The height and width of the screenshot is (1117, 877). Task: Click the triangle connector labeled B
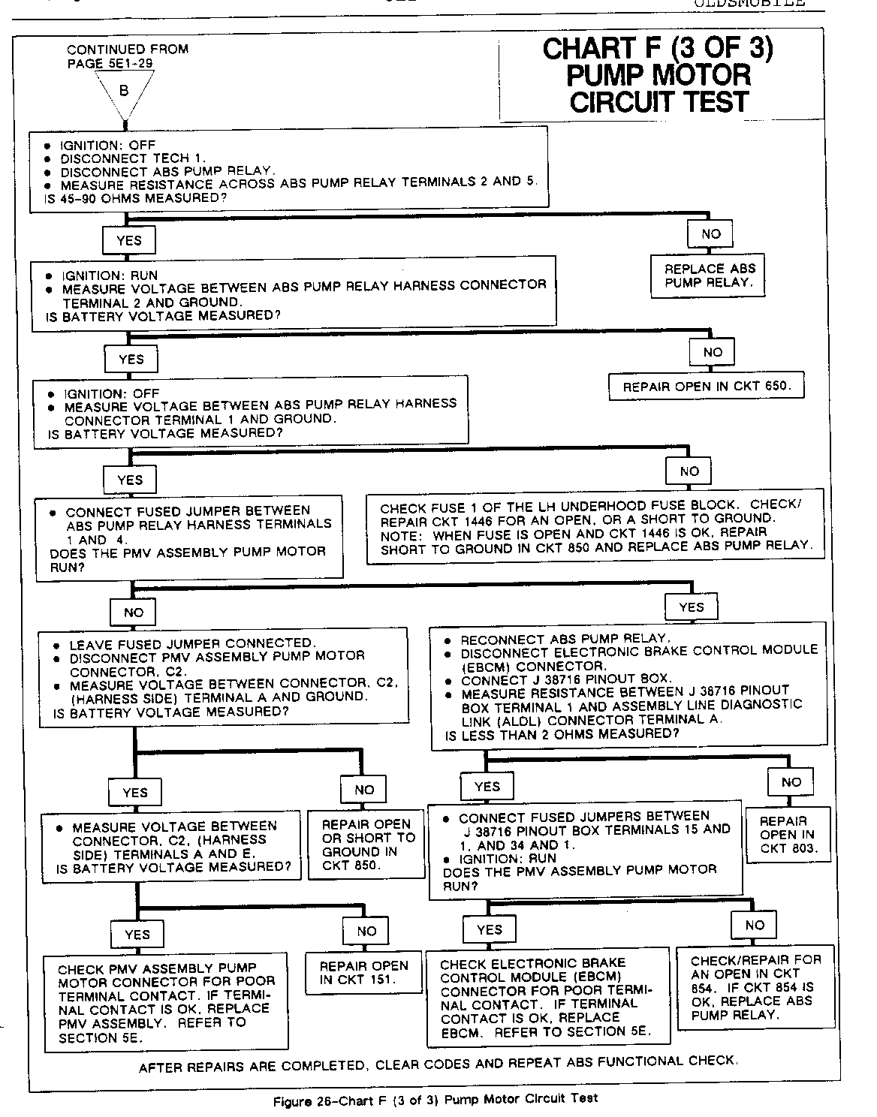click(x=124, y=92)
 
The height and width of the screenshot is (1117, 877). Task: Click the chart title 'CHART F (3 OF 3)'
click(x=658, y=50)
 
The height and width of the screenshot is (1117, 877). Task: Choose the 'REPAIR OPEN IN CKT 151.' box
click(x=364, y=972)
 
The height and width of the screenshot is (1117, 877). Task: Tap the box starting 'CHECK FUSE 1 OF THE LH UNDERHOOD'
click(x=595, y=526)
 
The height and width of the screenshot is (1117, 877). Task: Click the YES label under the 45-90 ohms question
click(x=129, y=241)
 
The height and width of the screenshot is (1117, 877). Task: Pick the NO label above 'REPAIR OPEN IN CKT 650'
click(x=713, y=352)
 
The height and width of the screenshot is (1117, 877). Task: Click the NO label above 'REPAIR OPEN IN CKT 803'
click(x=791, y=782)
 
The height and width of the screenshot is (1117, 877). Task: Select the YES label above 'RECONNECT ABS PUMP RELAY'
click(x=691, y=607)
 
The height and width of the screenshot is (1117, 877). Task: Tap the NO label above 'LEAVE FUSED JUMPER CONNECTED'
click(x=134, y=613)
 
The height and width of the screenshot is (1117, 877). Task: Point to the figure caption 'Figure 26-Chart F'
click(x=435, y=1100)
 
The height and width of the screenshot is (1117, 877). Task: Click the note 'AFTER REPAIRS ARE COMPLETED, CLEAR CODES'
click(x=438, y=1064)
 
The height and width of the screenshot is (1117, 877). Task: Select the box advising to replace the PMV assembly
click(x=166, y=1002)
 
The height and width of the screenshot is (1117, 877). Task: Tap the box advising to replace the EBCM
click(x=547, y=998)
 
